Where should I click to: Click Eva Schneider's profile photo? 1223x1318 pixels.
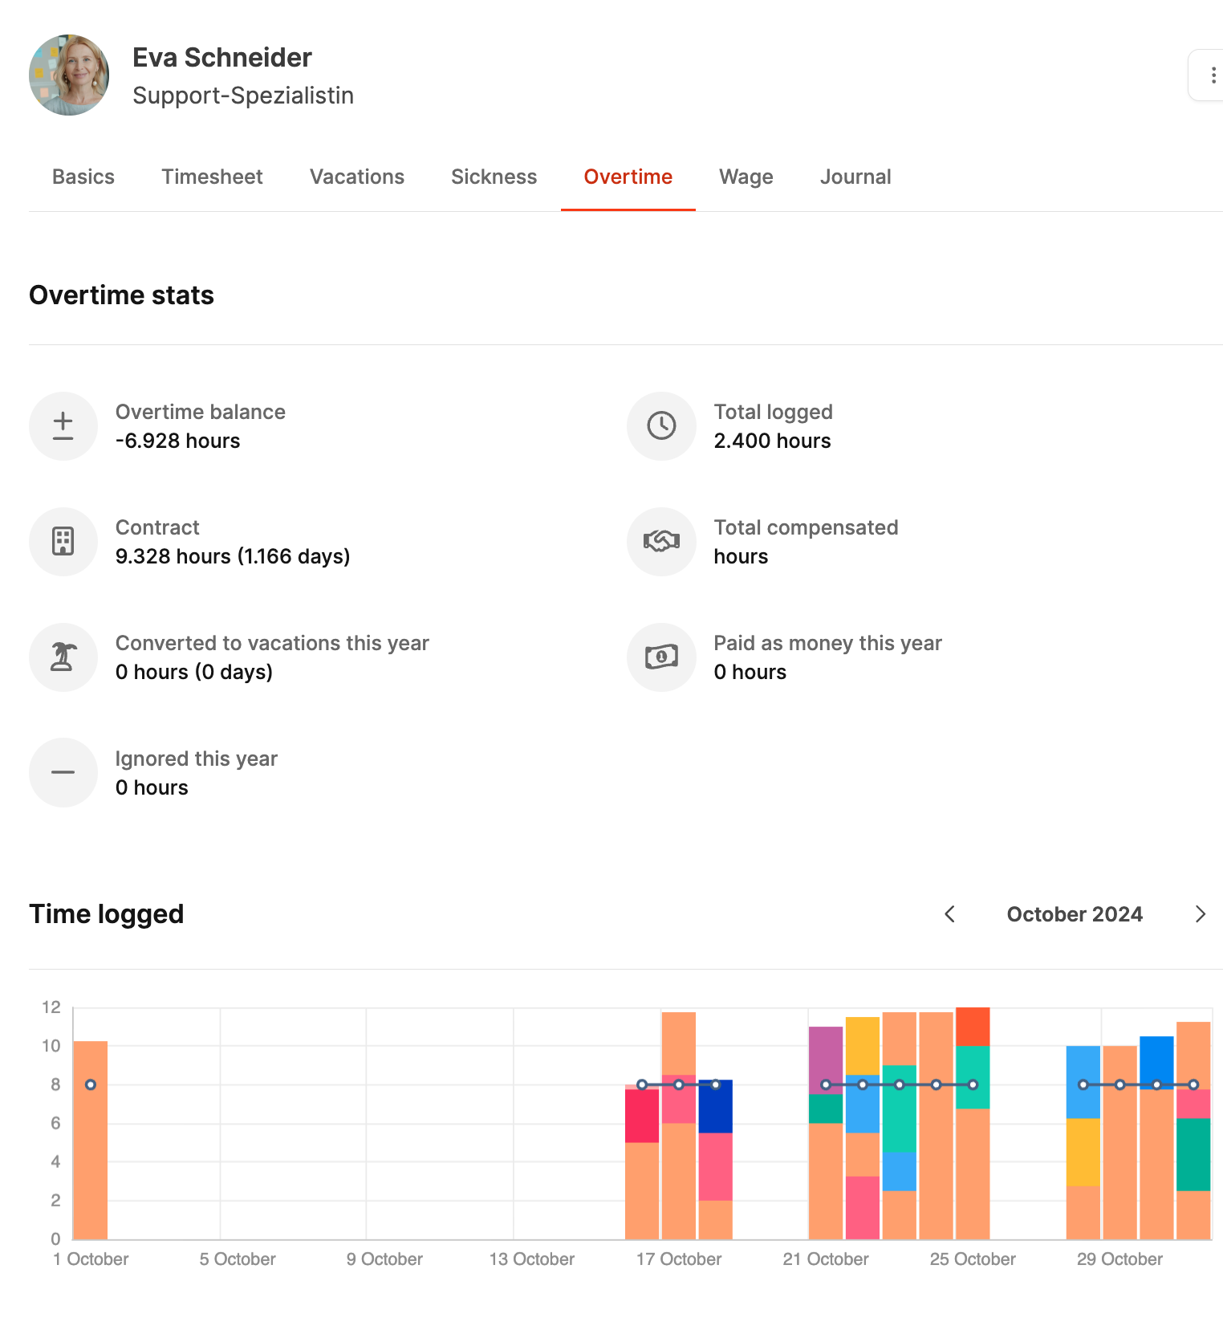[69, 75]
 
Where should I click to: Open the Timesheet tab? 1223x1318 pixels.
[212, 177]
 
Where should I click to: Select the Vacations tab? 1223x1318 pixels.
[357, 177]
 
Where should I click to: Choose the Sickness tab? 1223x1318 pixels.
[494, 177]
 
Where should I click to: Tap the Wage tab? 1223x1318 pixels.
[746, 177]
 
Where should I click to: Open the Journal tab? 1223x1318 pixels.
[855, 177]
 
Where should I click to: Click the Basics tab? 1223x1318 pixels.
[83, 177]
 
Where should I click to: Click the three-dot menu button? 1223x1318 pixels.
[1213, 75]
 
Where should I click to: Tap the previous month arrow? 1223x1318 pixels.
[950, 914]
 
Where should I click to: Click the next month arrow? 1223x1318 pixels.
[1200, 914]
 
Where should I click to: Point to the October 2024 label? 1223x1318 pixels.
[1075, 914]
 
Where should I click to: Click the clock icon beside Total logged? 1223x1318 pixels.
[661, 425]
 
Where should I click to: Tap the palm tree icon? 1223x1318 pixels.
[63, 657]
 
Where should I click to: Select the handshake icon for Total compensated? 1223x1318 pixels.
[661, 541]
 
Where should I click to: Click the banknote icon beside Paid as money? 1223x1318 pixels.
[661, 657]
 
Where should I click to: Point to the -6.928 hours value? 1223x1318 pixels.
[177, 441]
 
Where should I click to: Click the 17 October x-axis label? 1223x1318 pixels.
[678, 1259]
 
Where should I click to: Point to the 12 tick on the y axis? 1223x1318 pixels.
[51, 1007]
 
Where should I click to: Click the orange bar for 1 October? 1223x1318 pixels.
[91, 1164]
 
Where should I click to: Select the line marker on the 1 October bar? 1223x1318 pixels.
[91, 1084]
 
